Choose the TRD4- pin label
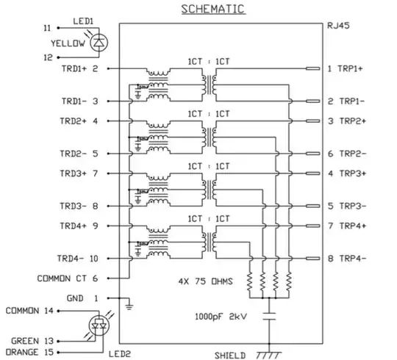tap(77, 259)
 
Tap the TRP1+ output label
tap(346, 68)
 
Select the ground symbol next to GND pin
tap(129, 303)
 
